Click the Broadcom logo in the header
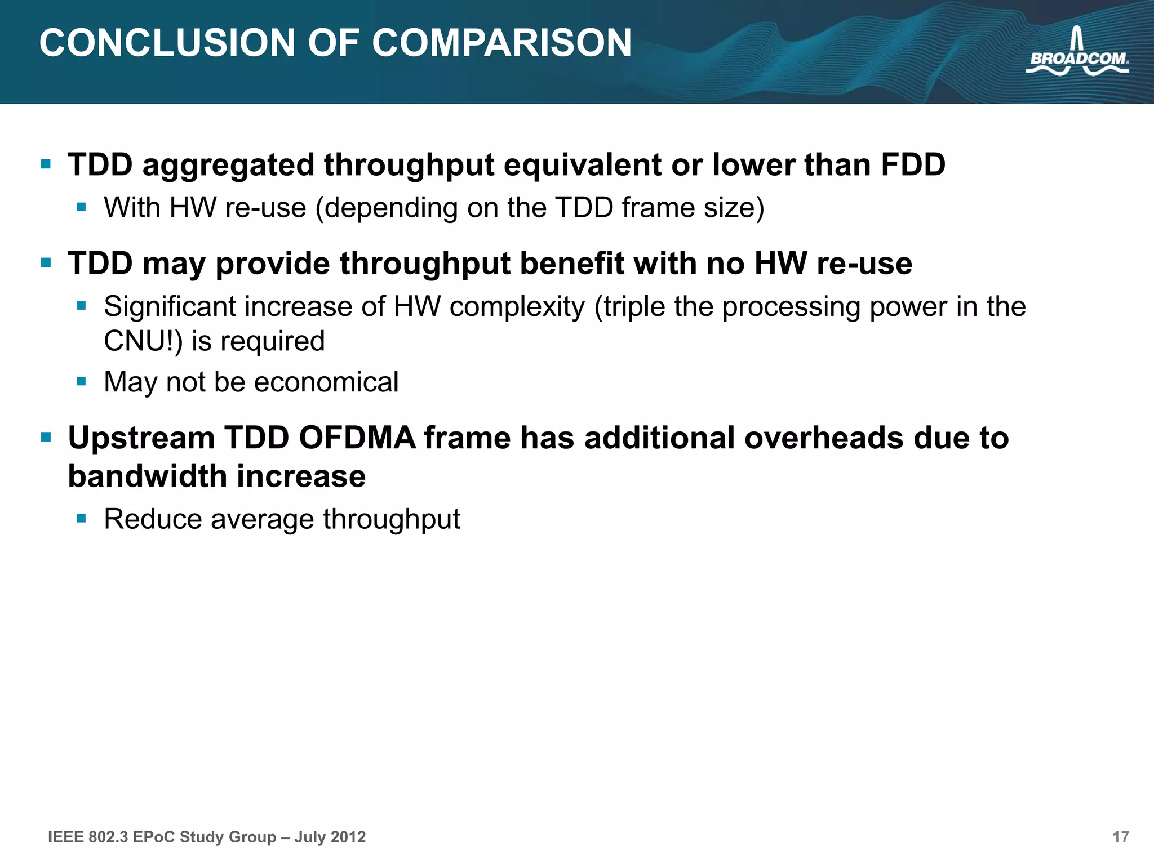[x=1077, y=53]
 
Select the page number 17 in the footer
[x=1120, y=837]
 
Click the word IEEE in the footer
[x=65, y=837]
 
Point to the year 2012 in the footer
[x=348, y=837]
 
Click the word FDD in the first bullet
[x=913, y=165]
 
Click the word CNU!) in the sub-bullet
[x=144, y=341]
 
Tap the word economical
[x=326, y=382]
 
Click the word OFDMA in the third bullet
[x=357, y=438]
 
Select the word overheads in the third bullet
[x=823, y=438]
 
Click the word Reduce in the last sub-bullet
[x=153, y=519]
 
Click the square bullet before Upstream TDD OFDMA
[x=46, y=437]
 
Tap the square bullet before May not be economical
[x=82, y=381]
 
